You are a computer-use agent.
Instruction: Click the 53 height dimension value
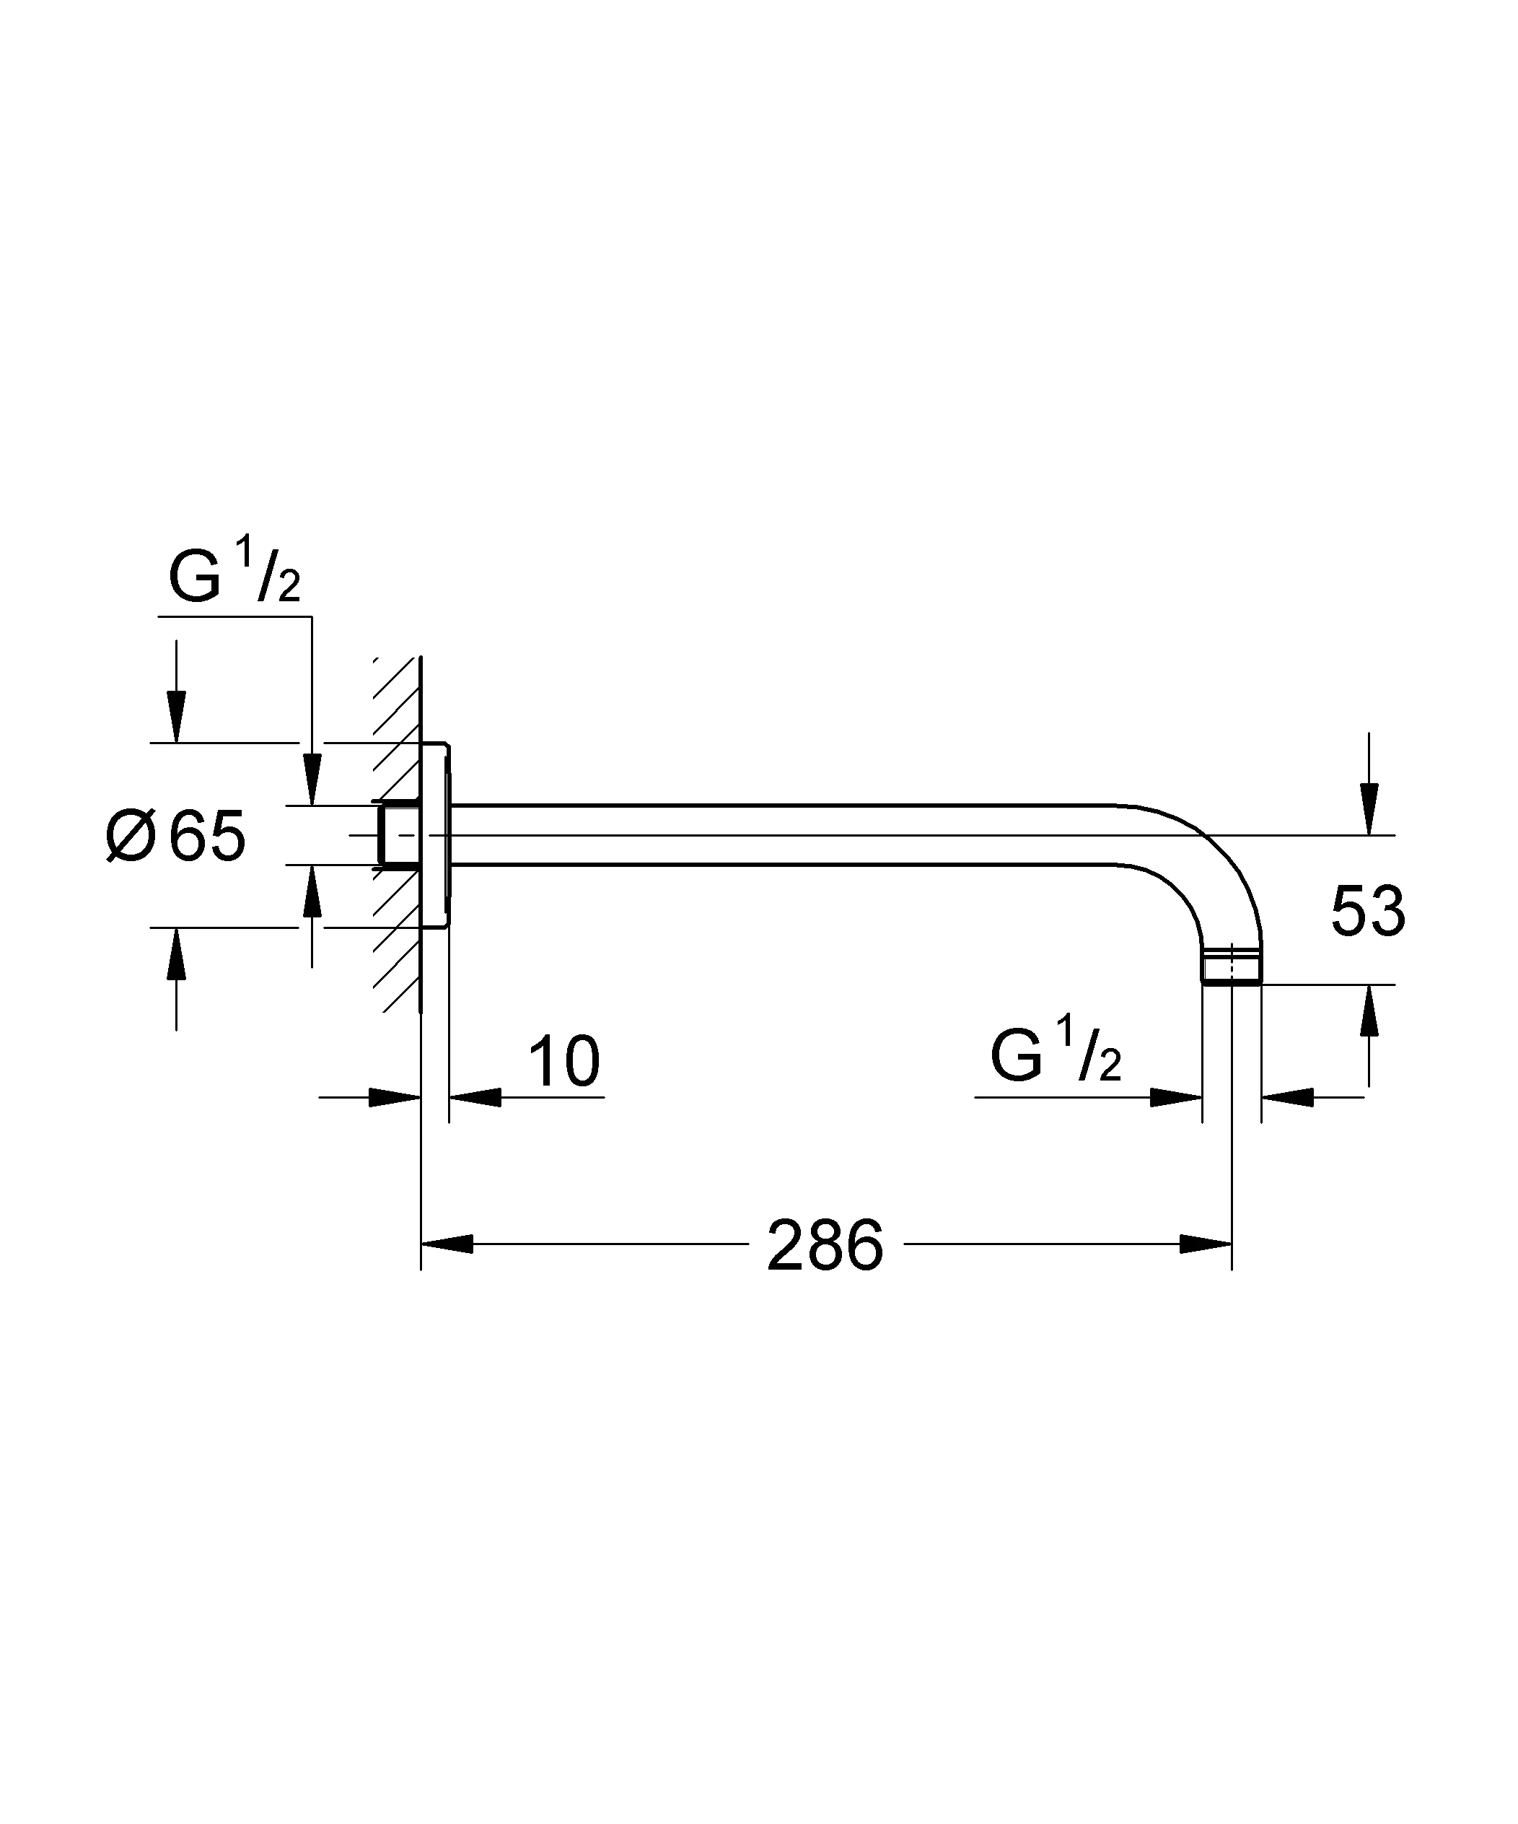point(1367,912)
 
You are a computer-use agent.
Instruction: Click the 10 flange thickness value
point(563,1061)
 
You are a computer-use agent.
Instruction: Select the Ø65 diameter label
point(176,837)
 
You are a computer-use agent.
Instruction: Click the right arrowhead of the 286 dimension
point(1206,1244)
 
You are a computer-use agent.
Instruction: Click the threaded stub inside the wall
point(396,836)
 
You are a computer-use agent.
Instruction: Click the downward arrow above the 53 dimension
point(1369,808)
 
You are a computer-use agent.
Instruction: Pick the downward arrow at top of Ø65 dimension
point(176,717)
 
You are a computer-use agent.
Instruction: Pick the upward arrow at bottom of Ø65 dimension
point(176,954)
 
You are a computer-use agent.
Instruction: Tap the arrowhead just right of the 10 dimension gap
point(475,1097)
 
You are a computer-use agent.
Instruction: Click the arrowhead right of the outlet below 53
point(1287,1097)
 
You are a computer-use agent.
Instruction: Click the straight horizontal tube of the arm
point(781,836)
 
